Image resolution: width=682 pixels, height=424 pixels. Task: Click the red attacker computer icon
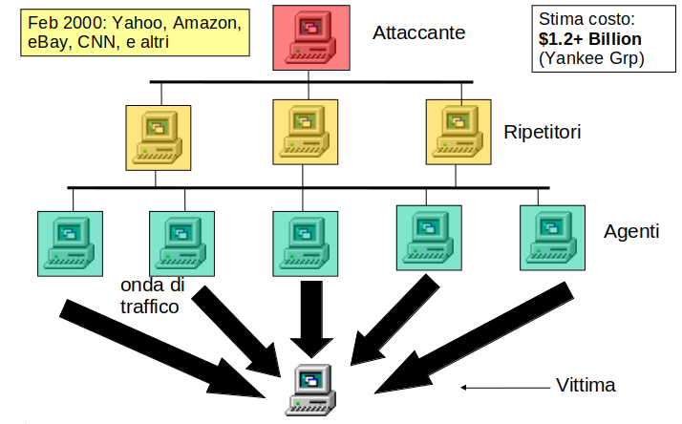point(309,37)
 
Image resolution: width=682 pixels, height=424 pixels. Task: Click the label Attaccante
point(418,33)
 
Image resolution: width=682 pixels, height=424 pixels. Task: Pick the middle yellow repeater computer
point(306,132)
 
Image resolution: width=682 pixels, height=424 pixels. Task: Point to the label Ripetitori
point(543,131)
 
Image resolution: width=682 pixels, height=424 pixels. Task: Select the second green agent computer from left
point(181,240)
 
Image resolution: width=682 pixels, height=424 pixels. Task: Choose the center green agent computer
point(306,241)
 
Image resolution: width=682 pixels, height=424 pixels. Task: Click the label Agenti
point(632,231)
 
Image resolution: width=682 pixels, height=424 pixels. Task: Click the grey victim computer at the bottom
point(311,389)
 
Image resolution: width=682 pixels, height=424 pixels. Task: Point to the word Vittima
point(586,386)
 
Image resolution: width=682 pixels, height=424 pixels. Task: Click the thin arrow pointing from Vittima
point(497,387)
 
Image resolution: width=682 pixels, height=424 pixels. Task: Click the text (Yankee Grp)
point(591,59)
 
